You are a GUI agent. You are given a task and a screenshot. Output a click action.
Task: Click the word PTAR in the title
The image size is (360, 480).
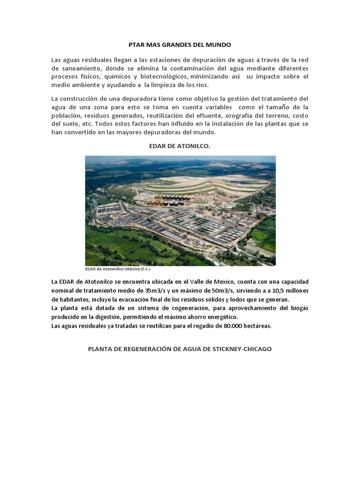[136, 45]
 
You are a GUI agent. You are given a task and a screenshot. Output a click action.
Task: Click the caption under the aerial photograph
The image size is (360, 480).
[118, 269]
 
